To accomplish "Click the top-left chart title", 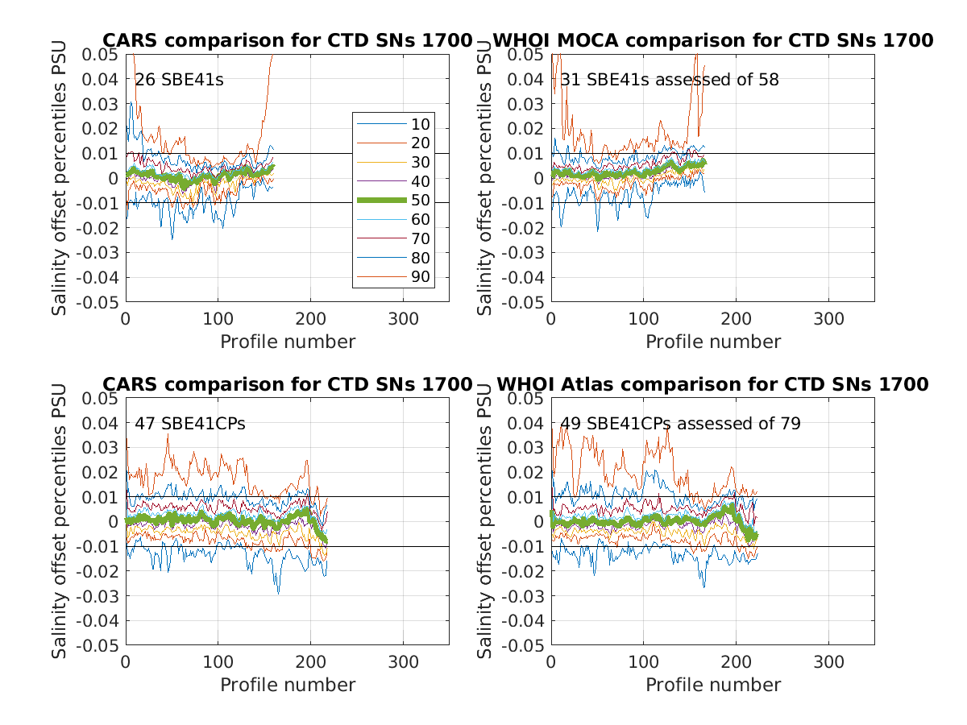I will pyautogui.click(x=287, y=40).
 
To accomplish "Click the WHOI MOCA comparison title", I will pyautogui.click(x=712, y=40).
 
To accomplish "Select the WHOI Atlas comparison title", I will pyautogui.click(x=712, y=384).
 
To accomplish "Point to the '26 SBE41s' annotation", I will pyautogui.click(x=178, y=80).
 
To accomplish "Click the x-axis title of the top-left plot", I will pyautogui.click(x=288, y=342).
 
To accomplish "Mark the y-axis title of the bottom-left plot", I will pyautogui.click(x=60, y=522).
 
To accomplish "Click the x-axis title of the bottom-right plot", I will pyautogui.click(x=713, y=685).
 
